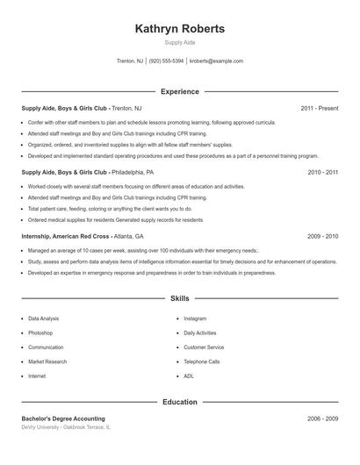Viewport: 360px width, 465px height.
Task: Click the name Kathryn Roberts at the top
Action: coord(179,29)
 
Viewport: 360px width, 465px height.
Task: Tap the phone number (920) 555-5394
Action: coord(166,61)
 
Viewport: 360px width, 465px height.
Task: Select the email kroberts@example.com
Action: coord(216,61)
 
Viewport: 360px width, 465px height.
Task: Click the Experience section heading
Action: coord(179,91)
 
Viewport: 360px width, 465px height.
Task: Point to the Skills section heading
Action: coord(179,299)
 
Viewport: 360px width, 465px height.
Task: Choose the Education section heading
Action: coord(179,402)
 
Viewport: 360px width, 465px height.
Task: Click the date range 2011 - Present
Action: coord(319,109)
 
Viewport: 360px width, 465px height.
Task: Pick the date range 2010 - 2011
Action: coord(322,173)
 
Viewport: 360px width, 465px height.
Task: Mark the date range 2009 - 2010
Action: coord(322,237)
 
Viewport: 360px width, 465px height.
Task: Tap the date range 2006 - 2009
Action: coord(322,419)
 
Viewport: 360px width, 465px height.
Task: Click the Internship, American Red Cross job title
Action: coord(66,237)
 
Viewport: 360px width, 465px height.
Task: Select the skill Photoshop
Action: coord(40,333)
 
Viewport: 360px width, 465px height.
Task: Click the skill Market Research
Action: coord(47,361)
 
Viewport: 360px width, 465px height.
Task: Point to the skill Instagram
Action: coord(195,318)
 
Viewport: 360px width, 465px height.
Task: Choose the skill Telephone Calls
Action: coord(201,361)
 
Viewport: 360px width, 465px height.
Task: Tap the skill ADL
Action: coord(189,376)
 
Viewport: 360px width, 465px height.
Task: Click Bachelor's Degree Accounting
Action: coord(63,419)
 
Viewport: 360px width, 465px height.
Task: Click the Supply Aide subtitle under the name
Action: coord(179,43)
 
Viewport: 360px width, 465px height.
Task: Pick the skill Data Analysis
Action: coord(44,318)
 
